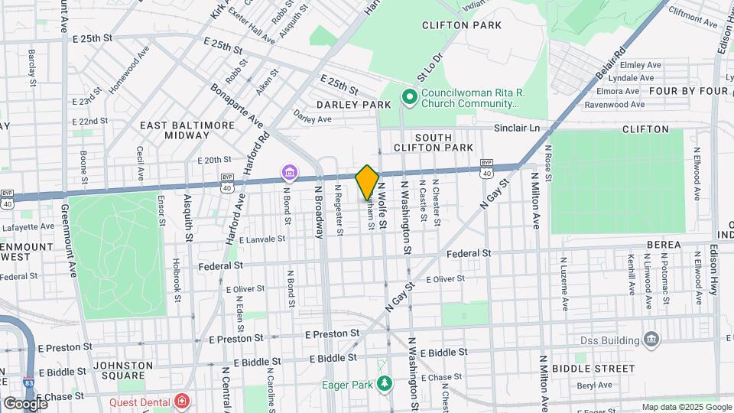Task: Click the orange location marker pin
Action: tap(367, 183)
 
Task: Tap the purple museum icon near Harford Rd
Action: tap(290, 174)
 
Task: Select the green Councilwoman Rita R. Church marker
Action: tap(409, 96)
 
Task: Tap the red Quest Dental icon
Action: tap(181, 400)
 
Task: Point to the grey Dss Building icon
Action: tap(651, 338)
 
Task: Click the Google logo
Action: tap(24, 403)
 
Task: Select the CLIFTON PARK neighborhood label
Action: tap(462, 25)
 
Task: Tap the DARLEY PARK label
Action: tap(343, 104)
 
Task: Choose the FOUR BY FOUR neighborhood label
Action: tap(689, 91)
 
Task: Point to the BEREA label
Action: tap(664, 244)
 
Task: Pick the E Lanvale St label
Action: tap(261, 239)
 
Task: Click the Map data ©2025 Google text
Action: tap(685, 407)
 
